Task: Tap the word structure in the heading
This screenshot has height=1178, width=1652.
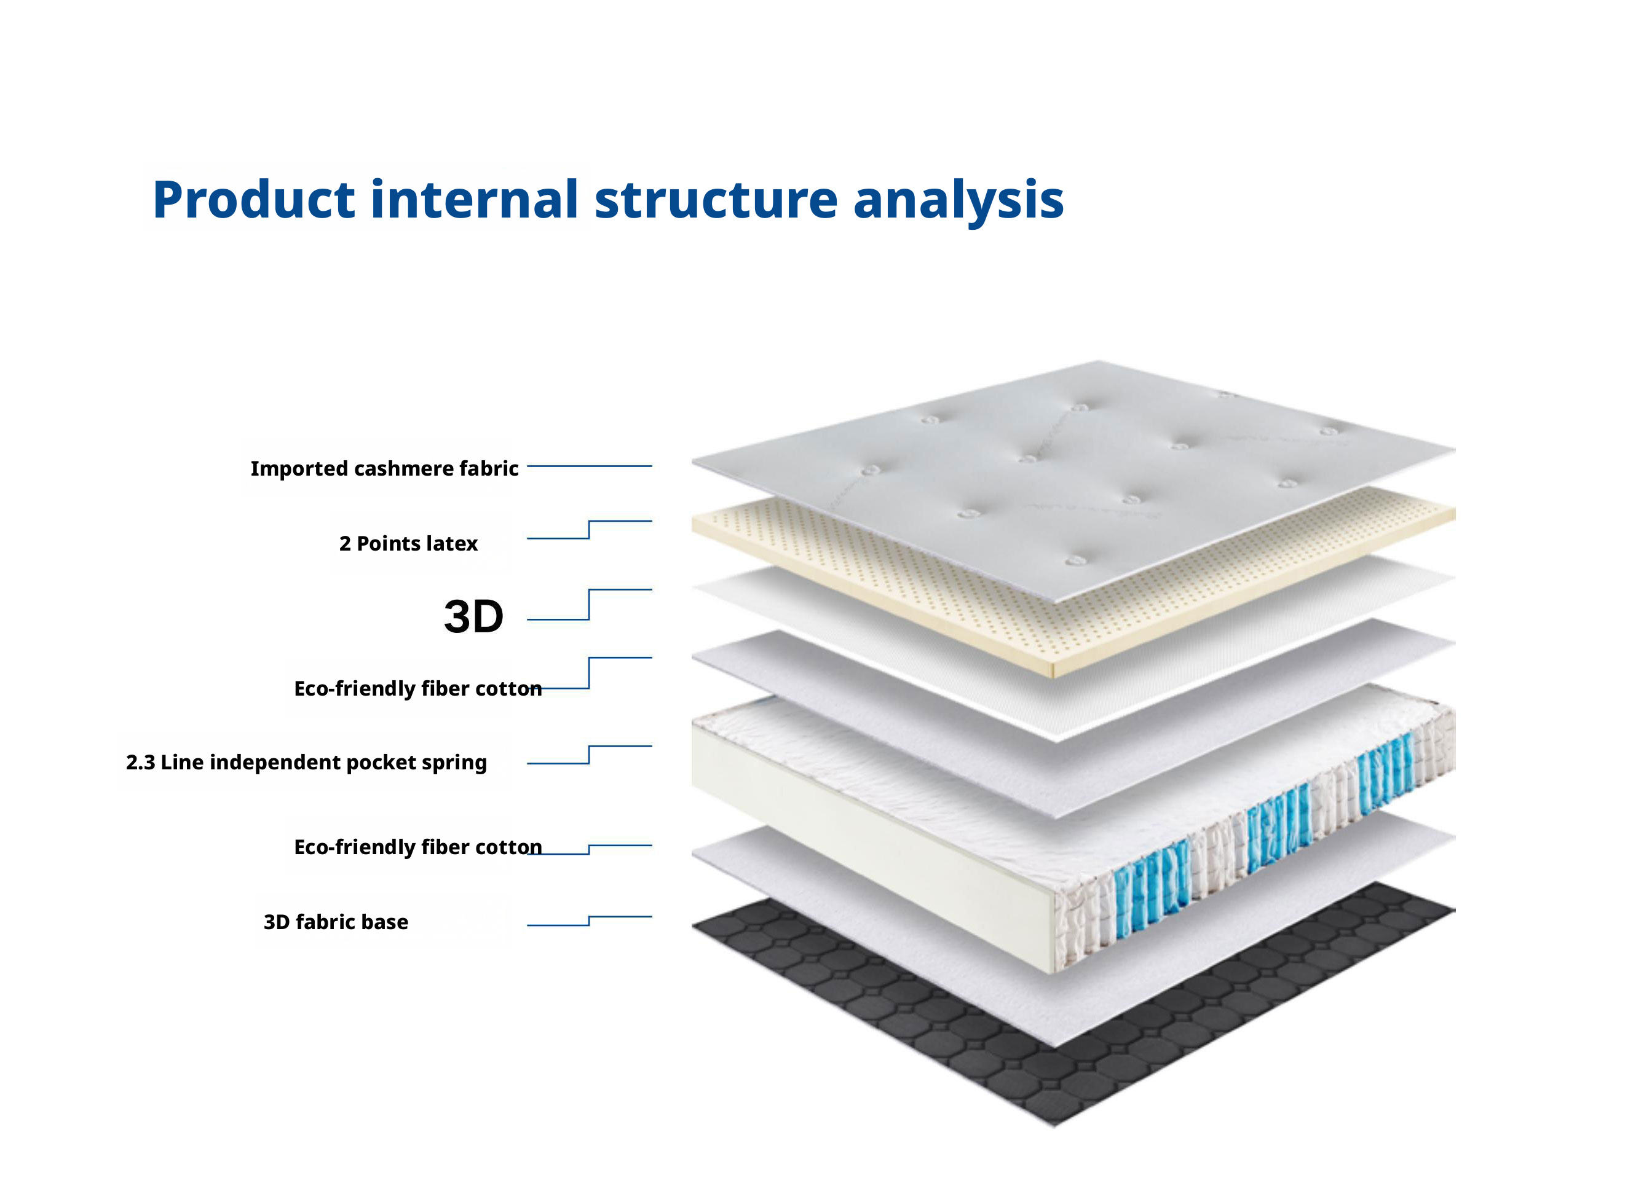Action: pyautogui.click(x=716, y=200)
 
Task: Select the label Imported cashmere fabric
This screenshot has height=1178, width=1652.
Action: pyautogui.click(x=384, y=469)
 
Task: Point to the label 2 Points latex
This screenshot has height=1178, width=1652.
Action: pyautogui.click(x=408, y=543)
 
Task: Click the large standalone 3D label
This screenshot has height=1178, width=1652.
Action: pyautogui.click(x=473, y=616)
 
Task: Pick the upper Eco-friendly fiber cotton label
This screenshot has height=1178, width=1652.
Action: pyautogui.click(x=418, y=688)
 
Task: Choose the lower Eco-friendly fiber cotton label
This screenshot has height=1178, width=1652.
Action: pyautogui.click(x=418, y=847)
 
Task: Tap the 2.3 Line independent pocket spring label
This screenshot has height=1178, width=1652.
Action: pyautogui.click(x=306, y=763)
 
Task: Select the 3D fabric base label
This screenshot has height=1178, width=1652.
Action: pyautogui.click(x=336, y=922)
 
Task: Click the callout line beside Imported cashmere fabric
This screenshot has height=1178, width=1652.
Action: pyautogui.click(x=589, y=466)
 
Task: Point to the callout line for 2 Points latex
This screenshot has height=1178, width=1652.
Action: pyautogui.click(x=589, y=530)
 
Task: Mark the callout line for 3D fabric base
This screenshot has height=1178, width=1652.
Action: pyautogui.click(x=589, y=921)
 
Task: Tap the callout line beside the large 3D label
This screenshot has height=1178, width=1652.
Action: pyautogui.click(x=589, y=604)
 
